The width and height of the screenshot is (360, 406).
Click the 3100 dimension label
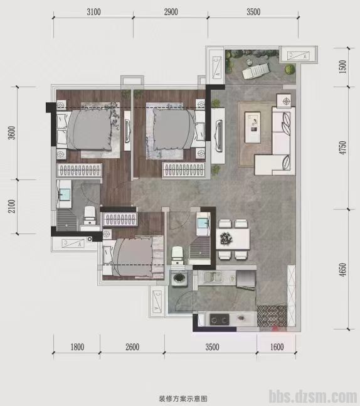tap(93, 12)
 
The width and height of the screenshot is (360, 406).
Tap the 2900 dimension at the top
tap(171, 12)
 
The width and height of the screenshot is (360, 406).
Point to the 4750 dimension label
tap(342, 148)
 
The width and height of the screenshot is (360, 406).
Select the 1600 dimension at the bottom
tap(277, 347)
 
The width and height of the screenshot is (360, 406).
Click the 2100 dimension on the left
tap(12, 206)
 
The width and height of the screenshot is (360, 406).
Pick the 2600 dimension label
tap(132, 347)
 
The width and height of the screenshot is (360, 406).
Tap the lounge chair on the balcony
tap(256, 71)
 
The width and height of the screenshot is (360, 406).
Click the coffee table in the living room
tap(253, 127)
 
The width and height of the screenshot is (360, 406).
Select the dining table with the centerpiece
tap(233, 239)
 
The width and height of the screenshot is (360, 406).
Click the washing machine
tap(178, 278)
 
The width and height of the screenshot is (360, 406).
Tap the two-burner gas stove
tap(220, 319)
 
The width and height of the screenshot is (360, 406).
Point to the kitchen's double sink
tap(213, 277)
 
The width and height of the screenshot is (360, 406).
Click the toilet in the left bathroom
tap(90, 215)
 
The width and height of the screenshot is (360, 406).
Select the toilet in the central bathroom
tap(177, 255)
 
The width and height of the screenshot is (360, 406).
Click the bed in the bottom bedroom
tap(134, 257)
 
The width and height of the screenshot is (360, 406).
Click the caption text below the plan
tap(183, 398)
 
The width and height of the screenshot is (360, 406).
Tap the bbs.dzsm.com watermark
tap(313, 397)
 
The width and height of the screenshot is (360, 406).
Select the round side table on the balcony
tap(249, 61)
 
